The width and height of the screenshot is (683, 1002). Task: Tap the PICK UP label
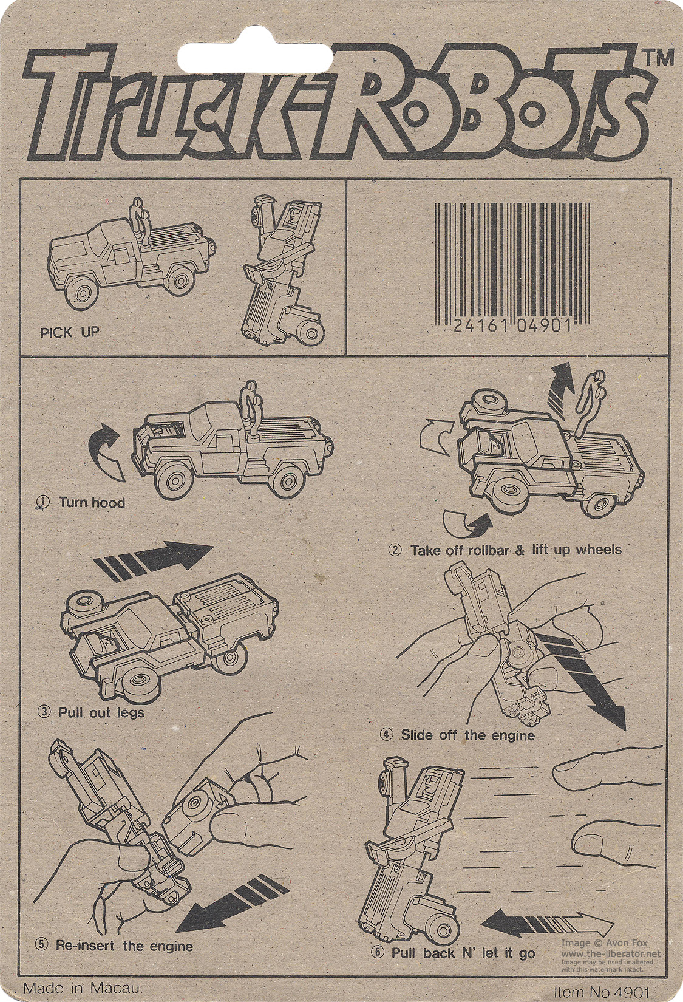pos(70,332)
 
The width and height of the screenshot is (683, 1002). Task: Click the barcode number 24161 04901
pos(513,326)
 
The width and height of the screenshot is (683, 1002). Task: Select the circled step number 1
pos(43,502)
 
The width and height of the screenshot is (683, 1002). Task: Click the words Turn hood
pos(92,502)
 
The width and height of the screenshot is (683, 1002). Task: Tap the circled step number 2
pos(395,550)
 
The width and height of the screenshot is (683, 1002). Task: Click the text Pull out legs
pos(101,712)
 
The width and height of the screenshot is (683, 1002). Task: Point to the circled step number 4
pos(387,735)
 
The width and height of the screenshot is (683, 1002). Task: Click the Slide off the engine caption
pos(468,735)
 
